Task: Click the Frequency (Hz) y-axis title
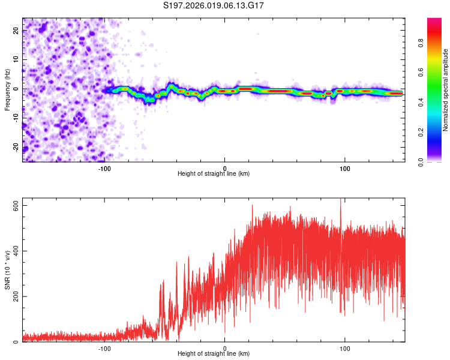(x=7, y=90)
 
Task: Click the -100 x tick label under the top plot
(x=105, y=167)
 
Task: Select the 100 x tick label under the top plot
(x=344, y=167)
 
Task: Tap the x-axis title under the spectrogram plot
(x=214, y=174)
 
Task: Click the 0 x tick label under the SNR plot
(x=225, y=347)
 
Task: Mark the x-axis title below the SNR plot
(x=214, y=354)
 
